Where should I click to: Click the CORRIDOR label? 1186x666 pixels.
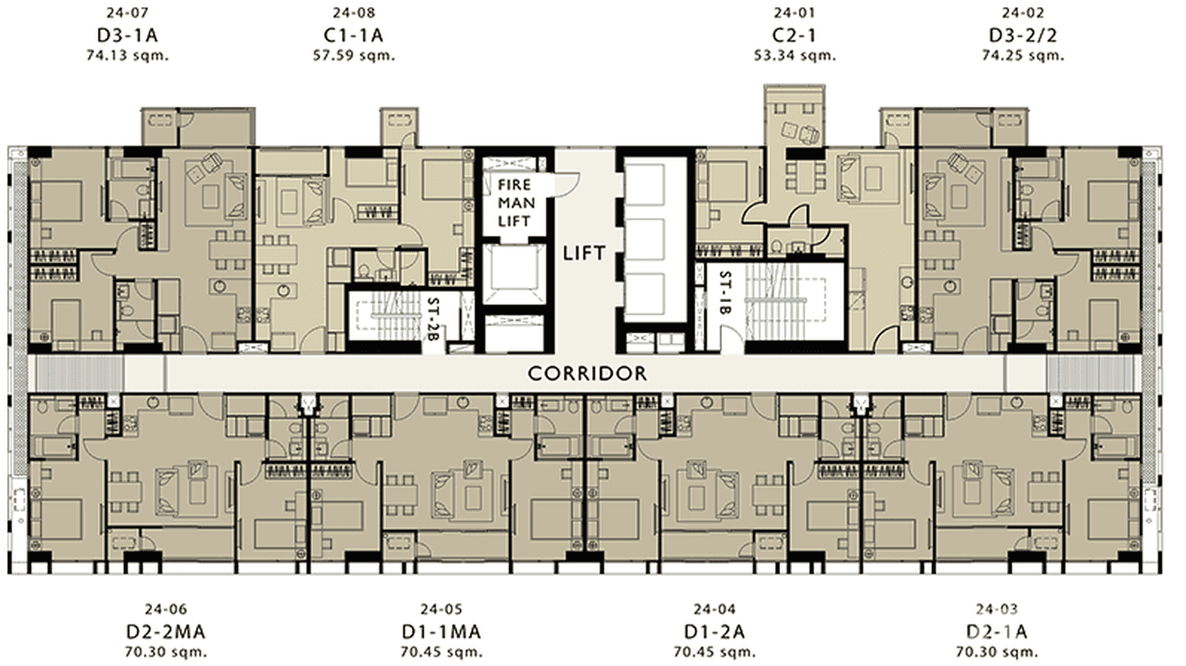pos(587,374)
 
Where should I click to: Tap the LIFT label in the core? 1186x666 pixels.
pos(584,254)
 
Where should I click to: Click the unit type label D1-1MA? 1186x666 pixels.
pos(440,632)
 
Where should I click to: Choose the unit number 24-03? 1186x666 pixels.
pos(997,609)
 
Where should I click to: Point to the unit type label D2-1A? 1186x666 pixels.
pos(997,632)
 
